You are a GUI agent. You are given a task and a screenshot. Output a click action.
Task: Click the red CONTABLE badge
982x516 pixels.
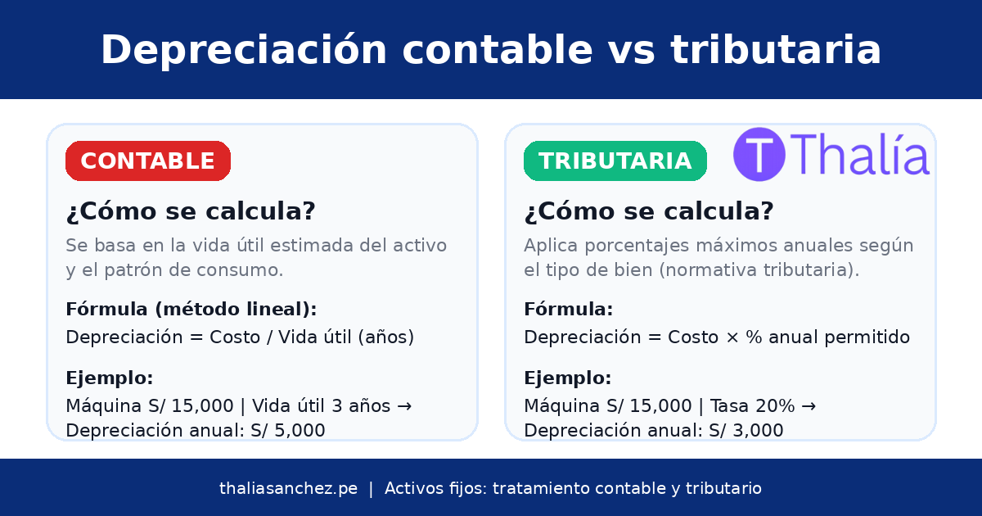coord(148,161)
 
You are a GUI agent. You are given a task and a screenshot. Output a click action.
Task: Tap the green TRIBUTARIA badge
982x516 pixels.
coord(615,161)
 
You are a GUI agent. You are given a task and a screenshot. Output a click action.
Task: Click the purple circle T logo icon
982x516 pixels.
coord(759,154)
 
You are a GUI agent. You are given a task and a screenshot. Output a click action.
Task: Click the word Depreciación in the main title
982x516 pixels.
coord(244,50)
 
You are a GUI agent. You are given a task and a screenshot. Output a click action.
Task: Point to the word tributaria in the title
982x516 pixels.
coord(776,49)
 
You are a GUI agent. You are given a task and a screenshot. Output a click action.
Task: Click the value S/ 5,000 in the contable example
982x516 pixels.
coord(288,431)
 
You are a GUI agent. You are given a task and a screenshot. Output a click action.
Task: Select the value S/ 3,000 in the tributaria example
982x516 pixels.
coord(746,431)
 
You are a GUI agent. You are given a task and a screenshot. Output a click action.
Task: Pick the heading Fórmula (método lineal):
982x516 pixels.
coord(191,310)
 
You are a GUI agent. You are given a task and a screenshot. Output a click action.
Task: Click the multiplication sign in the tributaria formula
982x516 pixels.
coord(732,337)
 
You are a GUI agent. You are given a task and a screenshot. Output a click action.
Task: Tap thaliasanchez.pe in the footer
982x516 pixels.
coord(288,488)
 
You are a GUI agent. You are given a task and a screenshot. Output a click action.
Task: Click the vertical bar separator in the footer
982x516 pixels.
coord(371,489)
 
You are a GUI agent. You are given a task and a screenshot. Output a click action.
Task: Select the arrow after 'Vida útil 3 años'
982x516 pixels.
coord(404,406)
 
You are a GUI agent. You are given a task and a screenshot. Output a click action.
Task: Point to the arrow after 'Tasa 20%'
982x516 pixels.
coord(809,406)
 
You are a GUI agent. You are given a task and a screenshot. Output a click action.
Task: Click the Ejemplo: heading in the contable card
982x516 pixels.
coord(110,378)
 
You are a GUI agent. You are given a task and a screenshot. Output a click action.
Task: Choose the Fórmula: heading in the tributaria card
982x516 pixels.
coord(568,310)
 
